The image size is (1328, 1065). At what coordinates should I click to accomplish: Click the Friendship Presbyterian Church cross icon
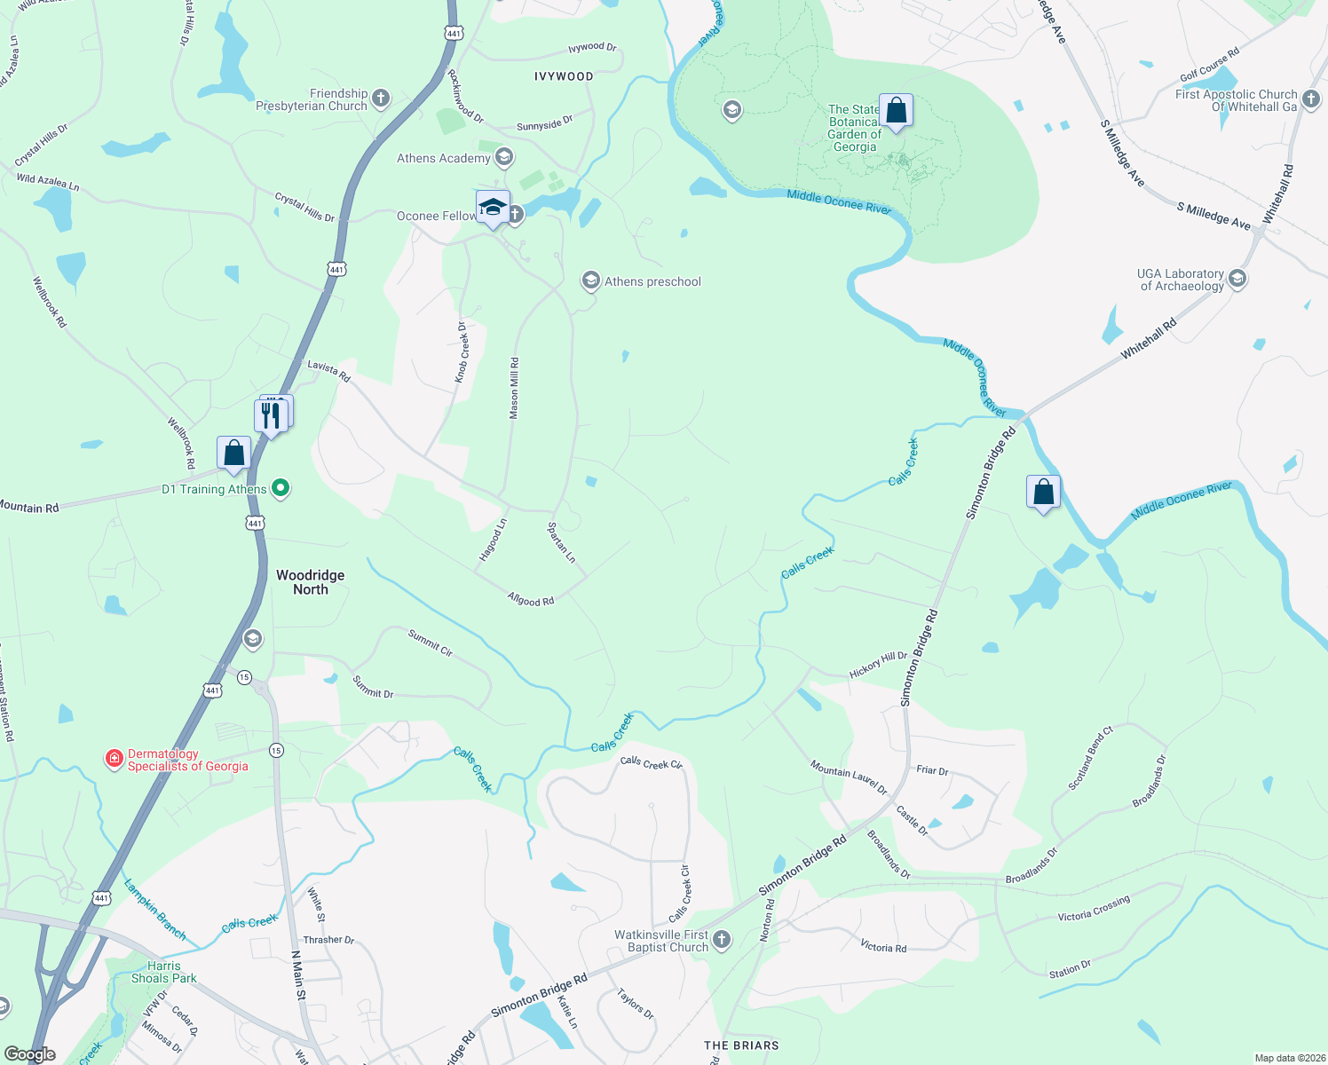click(381, 99)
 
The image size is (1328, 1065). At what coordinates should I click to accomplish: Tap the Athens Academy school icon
click(504, 158)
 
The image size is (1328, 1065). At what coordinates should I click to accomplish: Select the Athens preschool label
click(652, 281)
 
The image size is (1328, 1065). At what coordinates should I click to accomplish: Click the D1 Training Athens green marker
click(281, 488)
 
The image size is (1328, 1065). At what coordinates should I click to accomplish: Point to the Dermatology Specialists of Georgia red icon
click(114, 759)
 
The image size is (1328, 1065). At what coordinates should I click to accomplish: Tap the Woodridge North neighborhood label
click(310, 582)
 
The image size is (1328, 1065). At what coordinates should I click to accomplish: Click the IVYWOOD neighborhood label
click(564, 76)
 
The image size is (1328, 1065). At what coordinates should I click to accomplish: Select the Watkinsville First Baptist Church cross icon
click(722, 940)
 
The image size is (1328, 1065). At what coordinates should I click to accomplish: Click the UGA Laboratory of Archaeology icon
click(1237, 279)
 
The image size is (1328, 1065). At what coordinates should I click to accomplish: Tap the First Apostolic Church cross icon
click(1311, 99)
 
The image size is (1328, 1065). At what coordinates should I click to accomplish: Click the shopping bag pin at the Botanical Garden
click(896, 111)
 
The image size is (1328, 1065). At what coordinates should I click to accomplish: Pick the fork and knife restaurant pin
click(271, 414)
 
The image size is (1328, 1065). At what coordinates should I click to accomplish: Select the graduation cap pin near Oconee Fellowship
click(493, 209)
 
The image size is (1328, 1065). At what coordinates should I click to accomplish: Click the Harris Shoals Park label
click(164, 972)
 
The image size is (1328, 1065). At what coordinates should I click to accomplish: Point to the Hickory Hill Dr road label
click(878, 666)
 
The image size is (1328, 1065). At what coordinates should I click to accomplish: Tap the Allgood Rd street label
click(531, 600)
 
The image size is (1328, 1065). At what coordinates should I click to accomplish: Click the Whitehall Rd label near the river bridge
click(1148, 339)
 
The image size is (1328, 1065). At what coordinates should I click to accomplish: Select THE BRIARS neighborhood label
click(741, 1045)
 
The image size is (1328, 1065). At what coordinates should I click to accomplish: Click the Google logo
click(30, 1054)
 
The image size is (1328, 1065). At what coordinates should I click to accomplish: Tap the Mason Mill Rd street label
click(514, 389)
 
